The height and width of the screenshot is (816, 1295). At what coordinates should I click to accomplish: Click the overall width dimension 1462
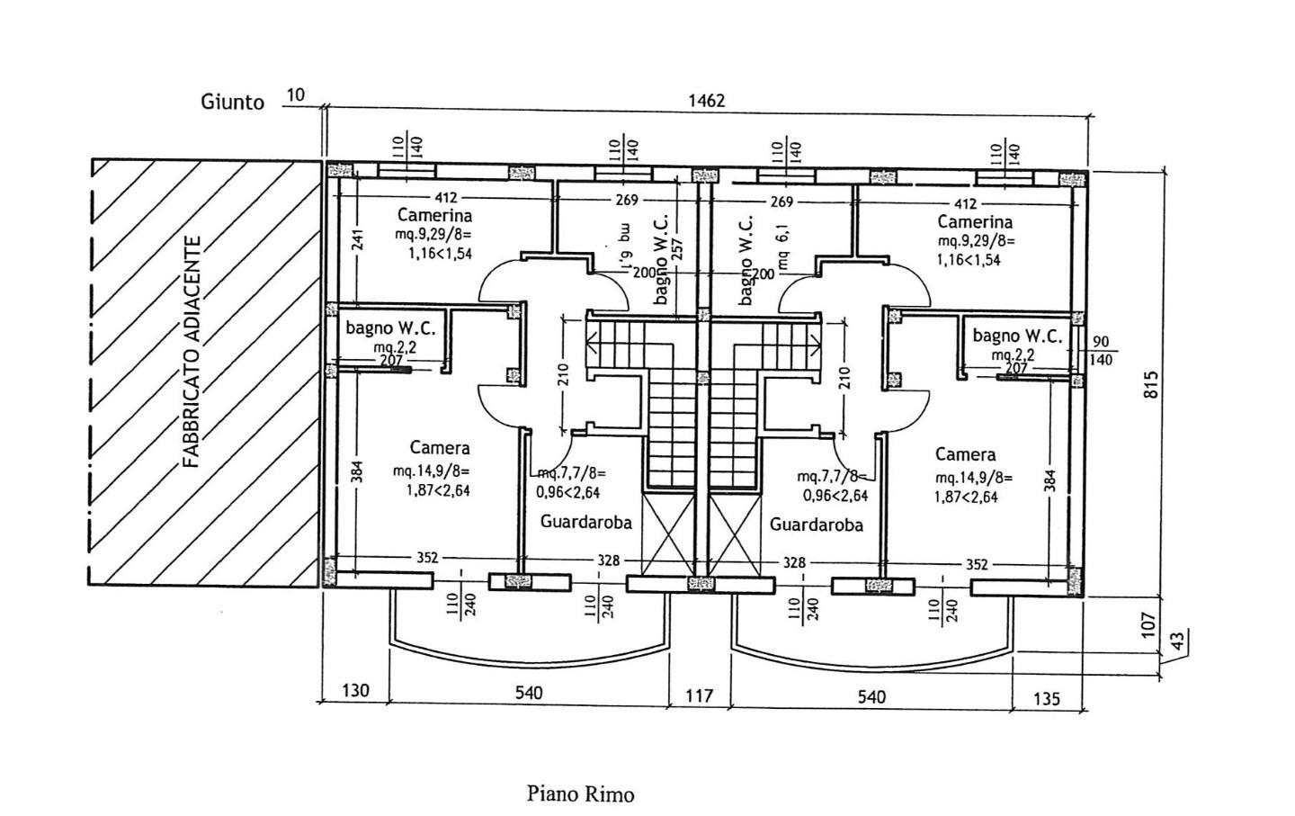[x=706, y=101]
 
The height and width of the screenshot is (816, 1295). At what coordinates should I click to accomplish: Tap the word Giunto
[x=232, y=102]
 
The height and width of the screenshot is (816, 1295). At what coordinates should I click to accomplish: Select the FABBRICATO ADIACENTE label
[x=191, y=352]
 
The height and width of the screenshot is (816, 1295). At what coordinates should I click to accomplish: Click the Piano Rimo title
[x=580, y=794]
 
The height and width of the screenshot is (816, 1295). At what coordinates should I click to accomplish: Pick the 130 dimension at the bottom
[x=355, y=691]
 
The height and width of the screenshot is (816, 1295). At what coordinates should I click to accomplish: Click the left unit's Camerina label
[x=434, y=216]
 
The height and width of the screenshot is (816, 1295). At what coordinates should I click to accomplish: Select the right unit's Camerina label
[x=974, y=222]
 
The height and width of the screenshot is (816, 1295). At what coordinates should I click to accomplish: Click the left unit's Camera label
[x=440, y=447]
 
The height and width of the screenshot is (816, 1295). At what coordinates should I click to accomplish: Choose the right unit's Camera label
[x=965, y=454]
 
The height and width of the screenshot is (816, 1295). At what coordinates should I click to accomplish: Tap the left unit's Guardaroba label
[x=585, y=522]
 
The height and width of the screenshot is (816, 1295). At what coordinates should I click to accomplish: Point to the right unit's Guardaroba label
[x=817, y=525]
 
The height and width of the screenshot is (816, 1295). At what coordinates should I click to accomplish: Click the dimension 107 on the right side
[x=1148, y=624]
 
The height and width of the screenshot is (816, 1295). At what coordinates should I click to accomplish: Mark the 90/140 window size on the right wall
[x=1101, y=351]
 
